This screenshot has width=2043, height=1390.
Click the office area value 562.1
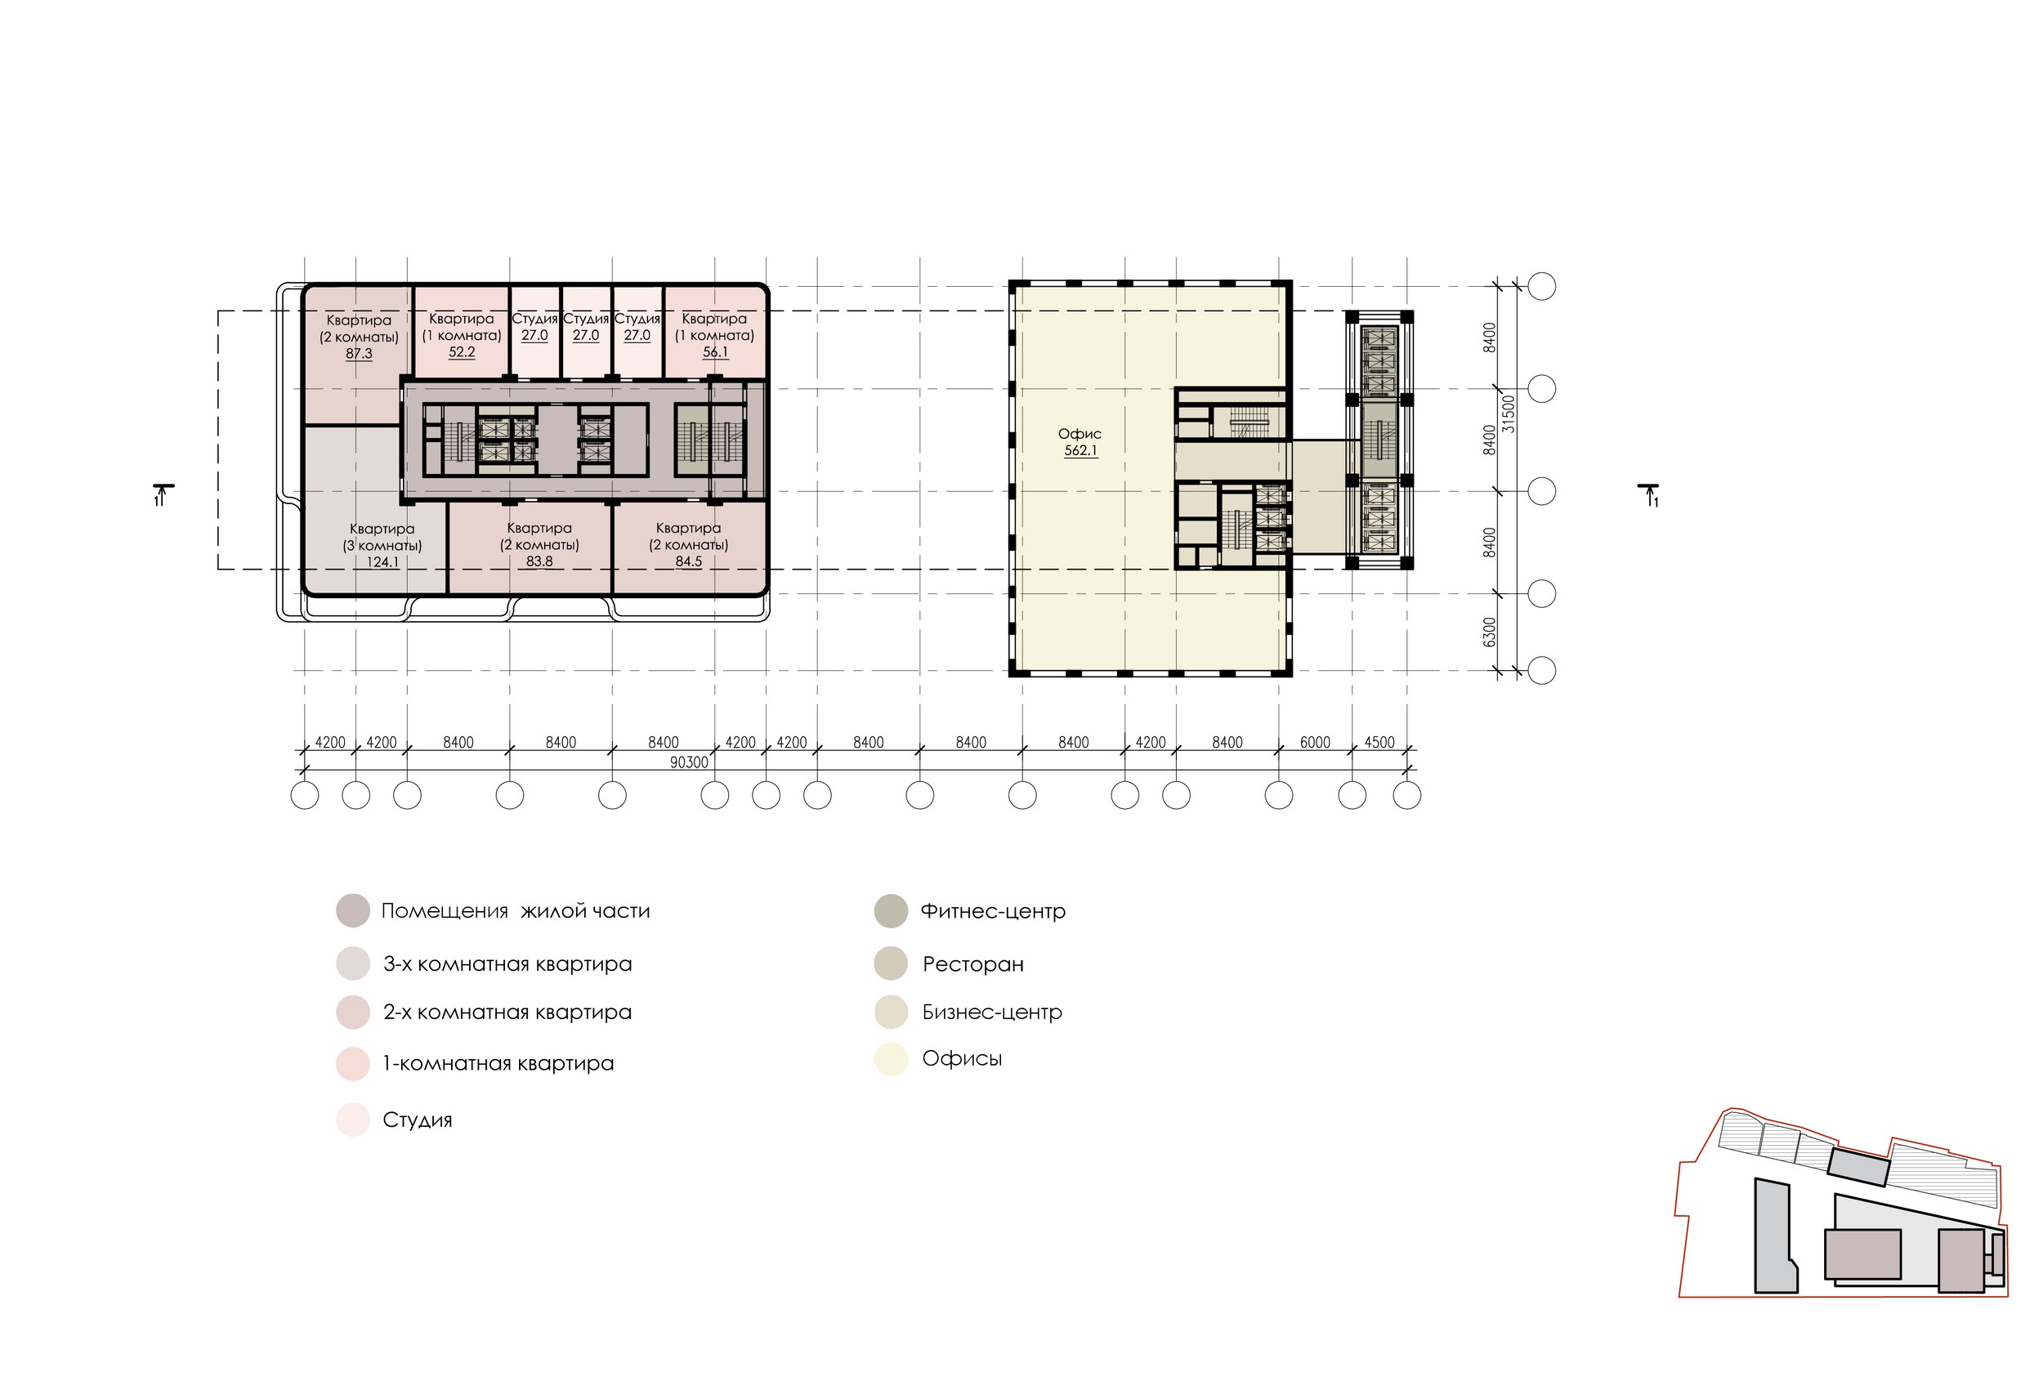(1080, 451)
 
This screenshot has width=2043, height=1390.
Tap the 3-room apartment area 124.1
(383, 562)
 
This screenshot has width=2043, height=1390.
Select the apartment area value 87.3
(359, 354)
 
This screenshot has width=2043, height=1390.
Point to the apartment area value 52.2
(462, 351)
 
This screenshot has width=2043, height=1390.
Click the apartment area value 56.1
(716, 351)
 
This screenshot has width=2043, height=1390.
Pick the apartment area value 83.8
(539, 561)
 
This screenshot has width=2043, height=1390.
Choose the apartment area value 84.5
(688, 561)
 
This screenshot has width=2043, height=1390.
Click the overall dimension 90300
(688, 762)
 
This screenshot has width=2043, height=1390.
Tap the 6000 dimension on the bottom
(1315, 743)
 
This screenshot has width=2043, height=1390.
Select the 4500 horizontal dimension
(1379, 743)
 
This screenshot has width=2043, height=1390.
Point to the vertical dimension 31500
(1509, 413)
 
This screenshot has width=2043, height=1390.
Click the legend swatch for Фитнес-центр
(891, 912)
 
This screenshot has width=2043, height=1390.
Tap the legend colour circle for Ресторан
(891, 963)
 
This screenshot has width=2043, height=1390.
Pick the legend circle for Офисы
(891, 1059)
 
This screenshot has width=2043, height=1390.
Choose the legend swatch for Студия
(353, 1120)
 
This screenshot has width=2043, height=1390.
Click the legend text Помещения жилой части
(516, 911)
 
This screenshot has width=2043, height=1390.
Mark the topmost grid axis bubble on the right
(1542, 287)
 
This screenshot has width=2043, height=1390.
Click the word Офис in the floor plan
(1080, 433)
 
